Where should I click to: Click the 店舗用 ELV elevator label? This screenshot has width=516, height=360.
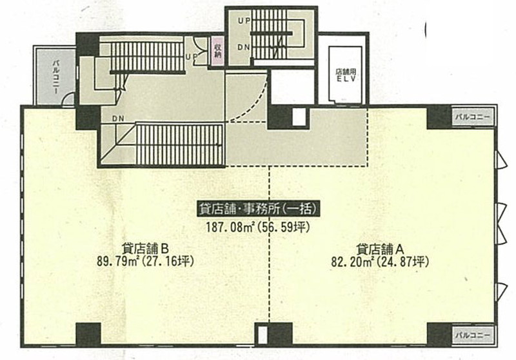point(346,75)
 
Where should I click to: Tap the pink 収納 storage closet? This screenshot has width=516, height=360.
point(217,52)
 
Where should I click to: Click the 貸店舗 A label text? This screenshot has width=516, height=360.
point(380,248)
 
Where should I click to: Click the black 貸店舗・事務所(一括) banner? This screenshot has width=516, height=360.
point(259,208)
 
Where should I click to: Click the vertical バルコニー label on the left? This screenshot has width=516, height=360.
point(55,76)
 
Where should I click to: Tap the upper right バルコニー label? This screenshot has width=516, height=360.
point(473,117)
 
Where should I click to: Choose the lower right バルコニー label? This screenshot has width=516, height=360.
point(473,335)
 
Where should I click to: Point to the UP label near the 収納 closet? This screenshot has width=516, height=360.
point(192,57)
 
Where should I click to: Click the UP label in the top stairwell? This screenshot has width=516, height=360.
point(244,21)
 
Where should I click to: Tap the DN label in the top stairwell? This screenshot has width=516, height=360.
point(244,47)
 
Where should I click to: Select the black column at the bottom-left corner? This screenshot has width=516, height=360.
point(88,334)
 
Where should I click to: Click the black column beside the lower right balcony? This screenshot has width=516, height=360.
point(439,334)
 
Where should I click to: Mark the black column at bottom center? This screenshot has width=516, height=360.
point(280,334)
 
